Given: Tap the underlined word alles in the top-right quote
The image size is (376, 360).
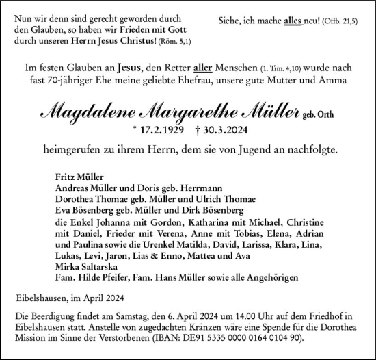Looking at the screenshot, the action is pos(292,21).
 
